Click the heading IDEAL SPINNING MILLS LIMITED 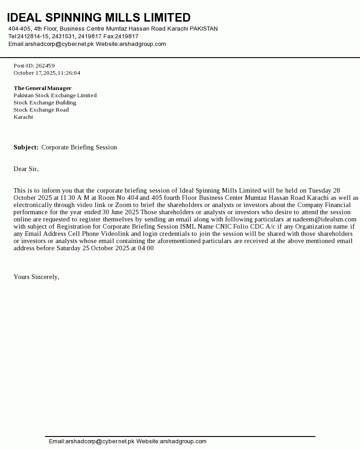(99, 18)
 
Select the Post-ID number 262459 (45, 66)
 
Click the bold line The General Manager (42, 88)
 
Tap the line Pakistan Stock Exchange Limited (55, 95)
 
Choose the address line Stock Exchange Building (45, 103)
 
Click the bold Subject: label (26, 147)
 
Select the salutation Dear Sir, (26, 169)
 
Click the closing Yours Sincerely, (36, 277)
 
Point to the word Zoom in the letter (123, 205)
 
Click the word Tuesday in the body (319, 190)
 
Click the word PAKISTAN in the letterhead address (203, 29)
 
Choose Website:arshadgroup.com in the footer (171, 441)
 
